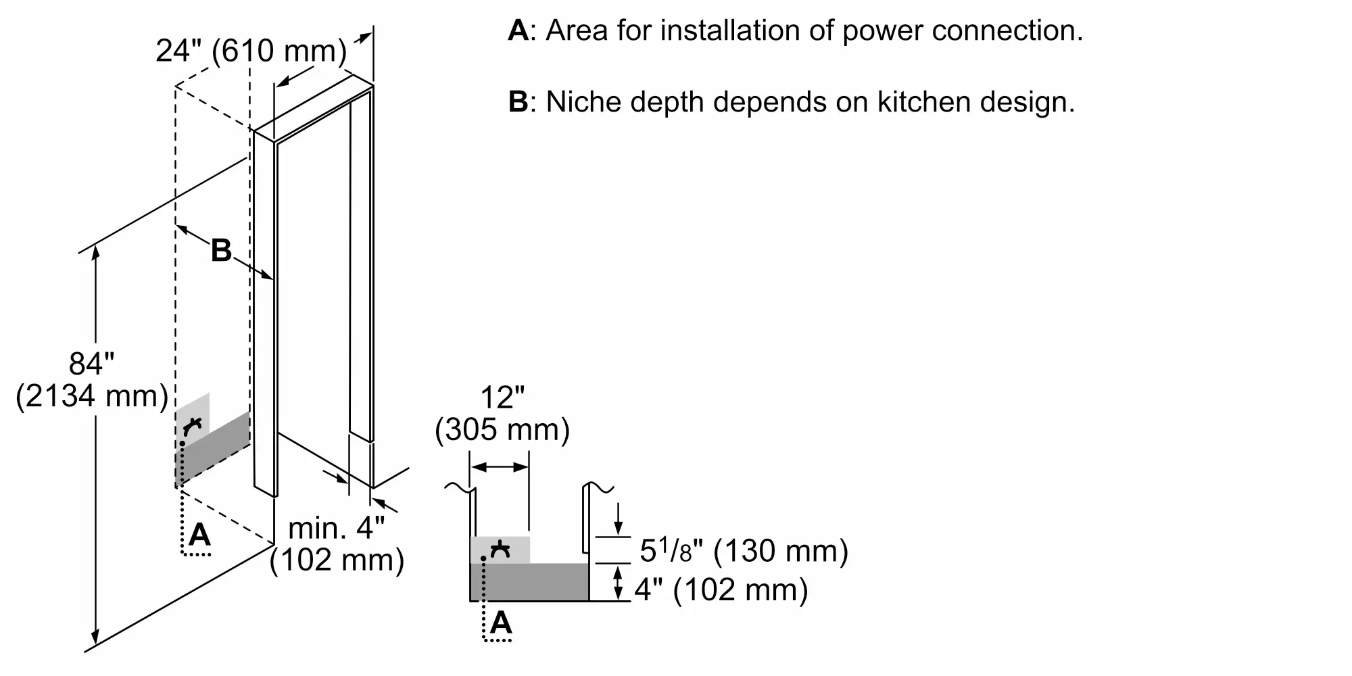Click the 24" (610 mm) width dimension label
[251, 51]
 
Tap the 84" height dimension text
[91, 364]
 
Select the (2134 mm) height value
[92, 396]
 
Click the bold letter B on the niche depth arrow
[221, 250]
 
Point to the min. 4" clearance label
[336, 527]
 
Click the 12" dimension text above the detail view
[502, 397]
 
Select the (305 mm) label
[502, 430]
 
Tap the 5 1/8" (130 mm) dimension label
[744, 551]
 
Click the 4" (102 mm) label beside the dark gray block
[721, 589]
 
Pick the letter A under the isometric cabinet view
[199, 535]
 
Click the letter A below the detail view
[501, 622]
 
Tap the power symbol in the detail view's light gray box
[500, 550]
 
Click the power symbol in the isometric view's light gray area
[193, 426]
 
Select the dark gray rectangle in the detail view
[529, 582]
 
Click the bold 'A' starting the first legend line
[518, 30]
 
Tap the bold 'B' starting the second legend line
[518, 102]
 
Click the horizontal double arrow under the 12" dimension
[500, 467]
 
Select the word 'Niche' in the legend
[583, 102]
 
